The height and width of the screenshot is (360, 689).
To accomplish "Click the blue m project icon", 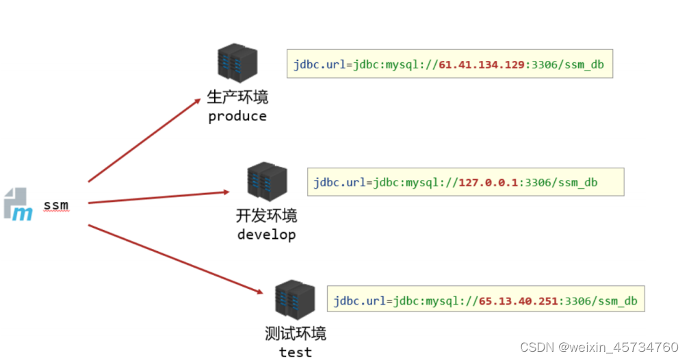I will pos(18,205).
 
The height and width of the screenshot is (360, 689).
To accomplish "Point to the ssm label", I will pos(56,205).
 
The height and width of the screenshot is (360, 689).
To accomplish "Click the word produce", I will pos(237,116).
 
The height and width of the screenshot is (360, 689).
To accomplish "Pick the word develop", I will pos(266,235).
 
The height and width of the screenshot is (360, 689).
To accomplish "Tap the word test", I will pos(296,352).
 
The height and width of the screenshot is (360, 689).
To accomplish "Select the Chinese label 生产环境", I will pos(237,97).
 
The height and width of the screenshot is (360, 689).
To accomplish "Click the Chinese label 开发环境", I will pos(267,216).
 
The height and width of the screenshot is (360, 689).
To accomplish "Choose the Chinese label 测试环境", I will pos(296,333).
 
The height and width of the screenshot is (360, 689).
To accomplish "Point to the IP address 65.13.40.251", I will pos(519,301).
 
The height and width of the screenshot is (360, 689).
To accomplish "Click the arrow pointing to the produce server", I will pos(143,140).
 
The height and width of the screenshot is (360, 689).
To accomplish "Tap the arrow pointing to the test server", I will pos(174,258).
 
